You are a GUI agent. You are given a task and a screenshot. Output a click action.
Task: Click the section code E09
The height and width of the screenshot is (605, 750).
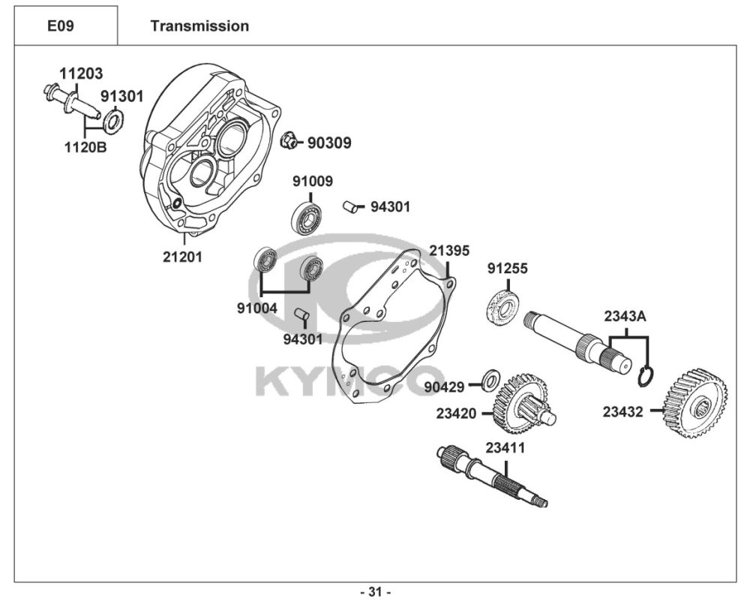point(61,26)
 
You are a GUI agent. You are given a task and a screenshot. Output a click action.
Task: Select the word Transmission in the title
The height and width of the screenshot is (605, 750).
point(199,26)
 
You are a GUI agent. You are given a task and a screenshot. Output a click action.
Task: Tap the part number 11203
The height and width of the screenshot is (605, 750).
point(81,74)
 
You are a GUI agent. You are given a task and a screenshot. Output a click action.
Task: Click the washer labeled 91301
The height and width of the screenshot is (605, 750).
point(113,121)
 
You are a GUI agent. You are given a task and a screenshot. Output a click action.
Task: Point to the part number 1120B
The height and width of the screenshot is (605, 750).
point(85,147)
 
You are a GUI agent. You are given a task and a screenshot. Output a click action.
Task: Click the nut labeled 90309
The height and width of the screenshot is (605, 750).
point(289,140)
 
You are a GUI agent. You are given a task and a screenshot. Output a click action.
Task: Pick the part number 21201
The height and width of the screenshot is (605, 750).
point(183,257)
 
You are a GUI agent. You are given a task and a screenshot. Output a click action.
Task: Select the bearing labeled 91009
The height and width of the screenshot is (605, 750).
point(306,218)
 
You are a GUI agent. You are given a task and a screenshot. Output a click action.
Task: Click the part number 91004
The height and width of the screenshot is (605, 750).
point(256,309)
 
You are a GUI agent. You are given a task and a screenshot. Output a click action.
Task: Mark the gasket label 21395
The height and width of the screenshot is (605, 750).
point(449,251)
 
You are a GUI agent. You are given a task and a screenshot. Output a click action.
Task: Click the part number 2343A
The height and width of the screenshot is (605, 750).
point(625,316)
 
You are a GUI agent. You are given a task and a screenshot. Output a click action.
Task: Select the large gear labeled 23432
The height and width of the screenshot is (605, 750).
point(696,403)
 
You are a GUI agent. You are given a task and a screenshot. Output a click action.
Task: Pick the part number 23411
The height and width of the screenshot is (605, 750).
point(505,448)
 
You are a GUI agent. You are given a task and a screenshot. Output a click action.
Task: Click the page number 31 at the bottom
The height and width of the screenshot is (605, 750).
point(376,592)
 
